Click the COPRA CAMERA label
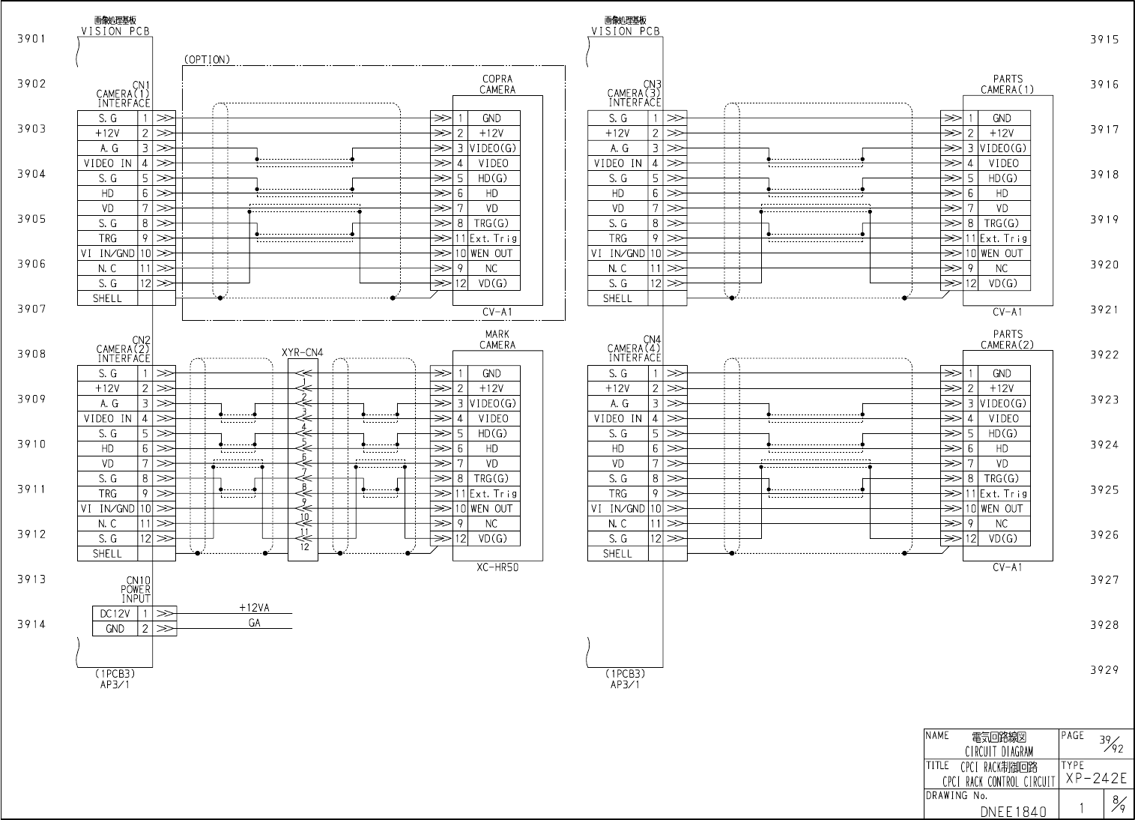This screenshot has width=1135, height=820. click(x=497, y=84)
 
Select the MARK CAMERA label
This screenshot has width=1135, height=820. click(x=497, y=340)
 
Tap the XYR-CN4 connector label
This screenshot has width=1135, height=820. click(x=303, y=352)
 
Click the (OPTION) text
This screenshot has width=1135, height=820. click(x=207, y=59)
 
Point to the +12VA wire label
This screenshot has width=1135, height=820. click(x=254, y=608)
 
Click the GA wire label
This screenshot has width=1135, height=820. click(x=255, y=623)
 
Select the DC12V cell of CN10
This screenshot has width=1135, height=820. click(x=115, y=614)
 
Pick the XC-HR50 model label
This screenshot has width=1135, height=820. click(x=497, y=567)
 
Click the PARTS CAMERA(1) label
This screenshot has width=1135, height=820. click(x=1008, y=84)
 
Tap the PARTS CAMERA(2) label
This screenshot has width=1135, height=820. click(x=1008, y=340)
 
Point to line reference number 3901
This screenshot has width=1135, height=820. click(x=31, y=39)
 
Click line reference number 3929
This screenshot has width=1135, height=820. click(x=1104, y=670)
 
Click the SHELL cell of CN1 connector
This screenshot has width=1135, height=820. click(x=107, y=298)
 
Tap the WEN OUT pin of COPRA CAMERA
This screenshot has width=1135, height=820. click(x=491, y=253)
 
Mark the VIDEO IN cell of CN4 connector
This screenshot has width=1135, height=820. click(x=618, y=419)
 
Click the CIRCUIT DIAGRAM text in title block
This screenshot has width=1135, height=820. click(x=999, y=751)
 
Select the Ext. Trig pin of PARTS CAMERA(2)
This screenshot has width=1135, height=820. click(x=1003, y=494)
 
